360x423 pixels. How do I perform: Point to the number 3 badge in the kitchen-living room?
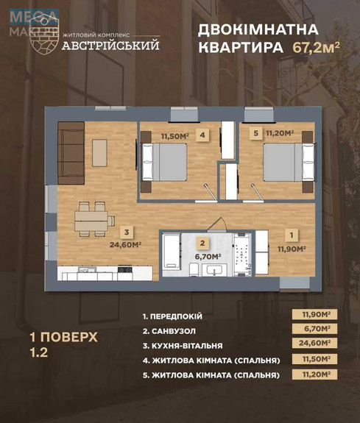point(127,230)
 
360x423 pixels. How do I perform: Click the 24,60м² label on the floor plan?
point(126,245)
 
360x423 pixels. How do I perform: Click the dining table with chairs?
point(93,218)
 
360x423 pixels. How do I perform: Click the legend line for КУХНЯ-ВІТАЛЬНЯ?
point(193,344)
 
